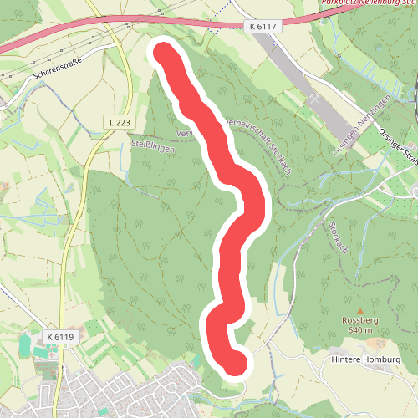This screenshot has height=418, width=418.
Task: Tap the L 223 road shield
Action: tap(120, 123)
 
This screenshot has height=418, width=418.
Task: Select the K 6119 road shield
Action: tap(61, 337)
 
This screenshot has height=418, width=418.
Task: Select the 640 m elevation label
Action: tap(361, 330)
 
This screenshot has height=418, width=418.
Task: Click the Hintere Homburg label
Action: tap(366, 359)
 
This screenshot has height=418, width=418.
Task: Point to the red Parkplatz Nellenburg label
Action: tap(368, 3)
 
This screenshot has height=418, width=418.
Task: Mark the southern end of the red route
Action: tap(237, 364)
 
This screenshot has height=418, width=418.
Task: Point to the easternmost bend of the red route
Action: tap(255, 201)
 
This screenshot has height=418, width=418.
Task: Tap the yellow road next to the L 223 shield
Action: tap(105, 134)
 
